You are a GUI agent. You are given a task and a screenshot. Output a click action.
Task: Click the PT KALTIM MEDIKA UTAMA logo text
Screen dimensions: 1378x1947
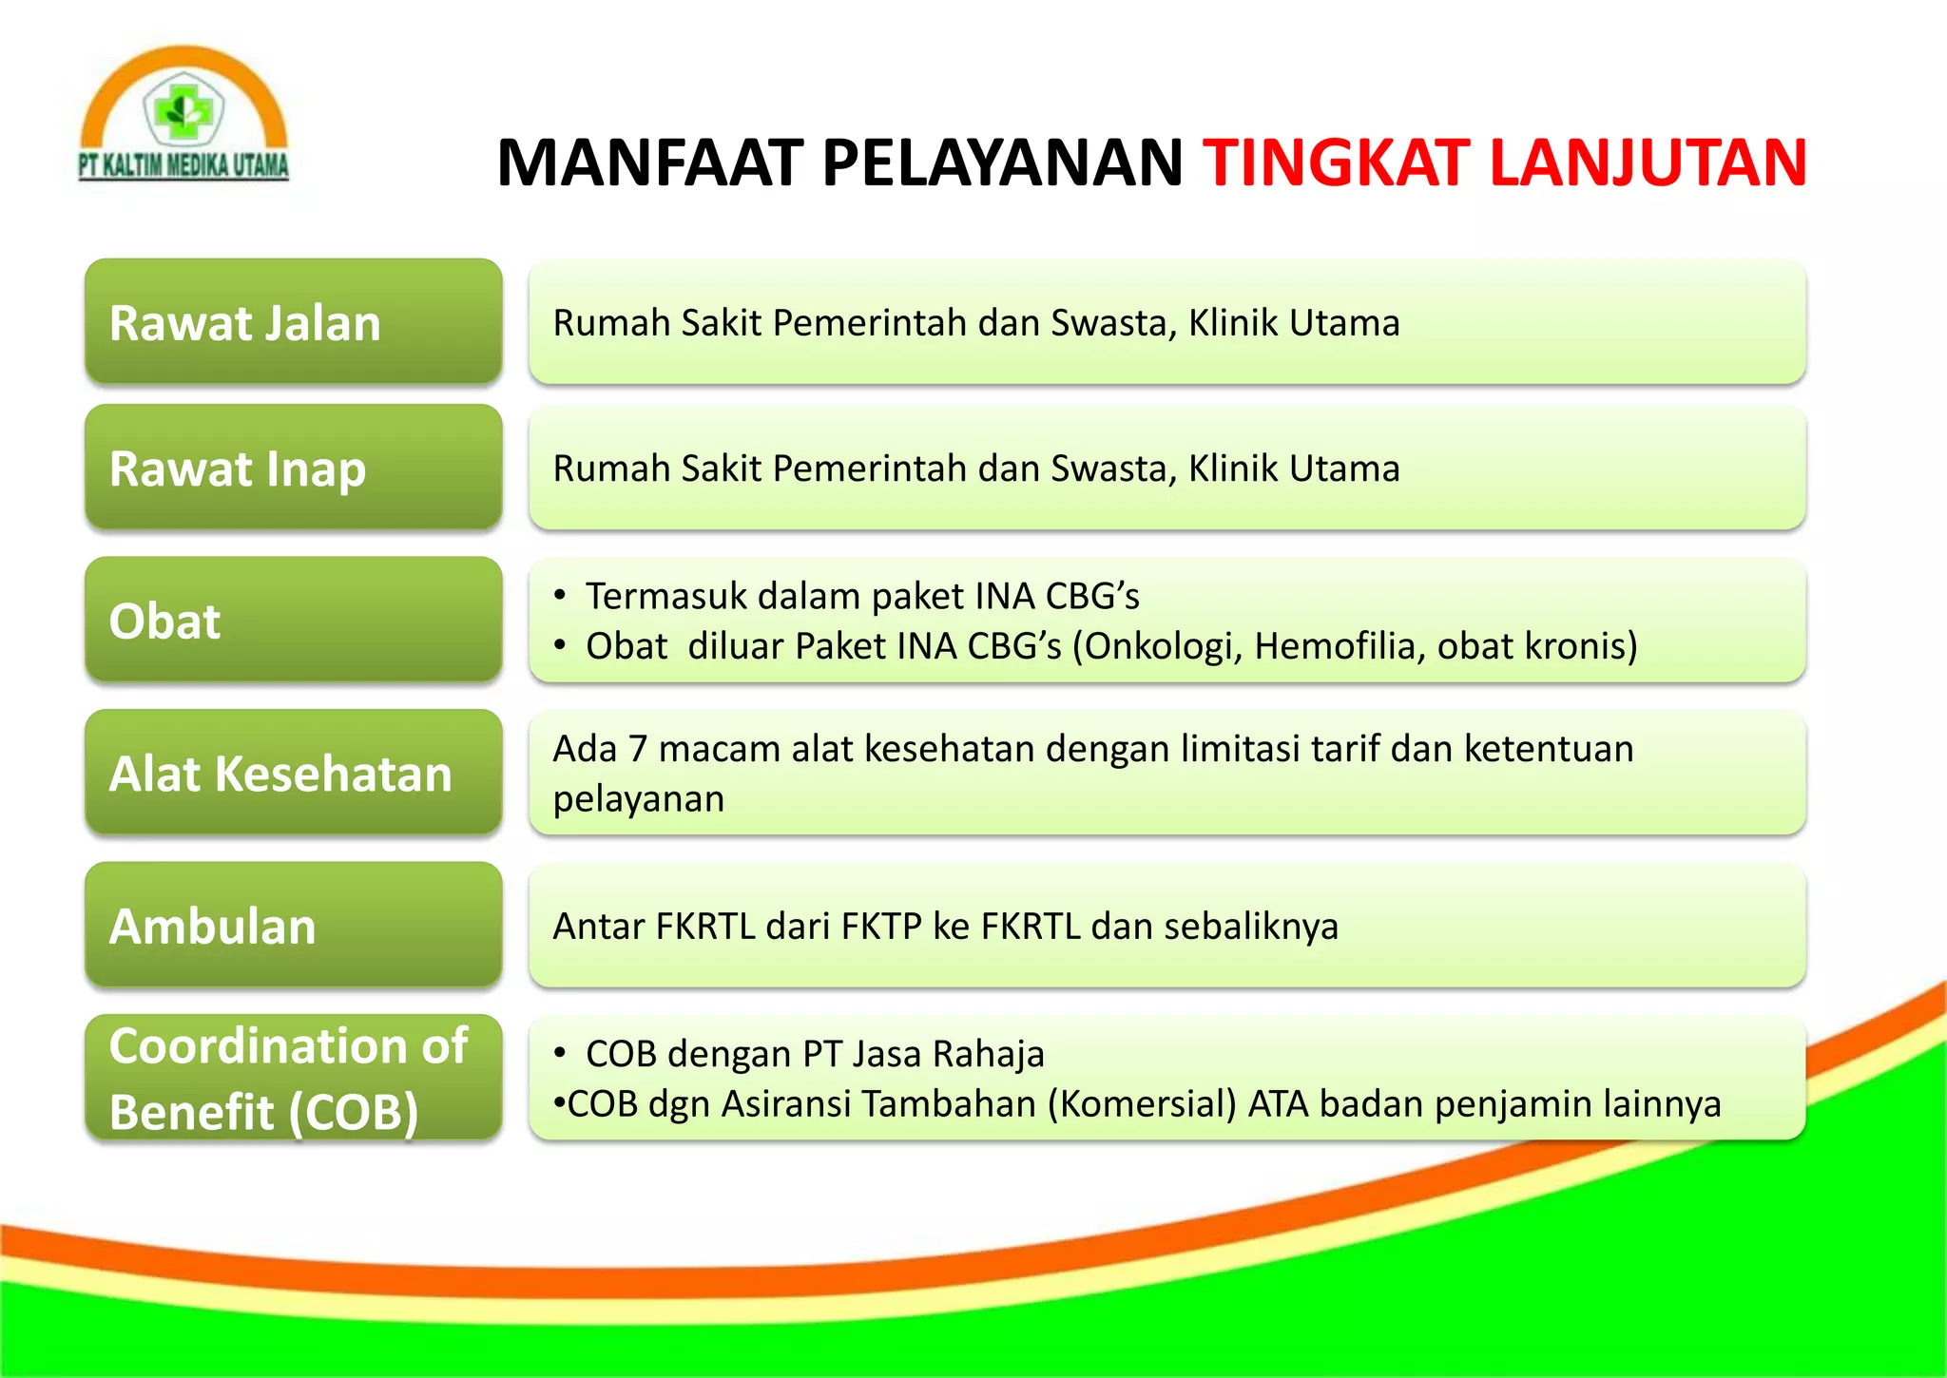coord(183,165)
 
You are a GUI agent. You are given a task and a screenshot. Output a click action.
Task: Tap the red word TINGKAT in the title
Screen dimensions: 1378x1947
coord(1337,163)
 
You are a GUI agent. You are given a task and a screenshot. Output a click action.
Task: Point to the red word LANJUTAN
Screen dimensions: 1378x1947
coord(1648,163)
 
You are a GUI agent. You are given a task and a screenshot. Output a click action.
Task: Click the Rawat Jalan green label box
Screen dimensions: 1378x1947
coord(293,322)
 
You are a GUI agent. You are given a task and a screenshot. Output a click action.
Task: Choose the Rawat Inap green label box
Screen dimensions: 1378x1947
coord(293,468)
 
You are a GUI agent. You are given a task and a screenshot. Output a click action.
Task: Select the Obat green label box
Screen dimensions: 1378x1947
coord(293,621)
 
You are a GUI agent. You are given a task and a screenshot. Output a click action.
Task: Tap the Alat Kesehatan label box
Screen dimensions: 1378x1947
coord(293,773)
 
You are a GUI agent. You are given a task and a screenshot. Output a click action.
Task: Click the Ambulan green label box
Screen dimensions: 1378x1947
coord(293,926)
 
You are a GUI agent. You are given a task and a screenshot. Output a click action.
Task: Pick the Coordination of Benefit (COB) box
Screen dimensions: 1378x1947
coord(293,1078)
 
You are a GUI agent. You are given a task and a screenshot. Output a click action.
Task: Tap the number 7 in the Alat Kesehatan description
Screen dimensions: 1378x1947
coord(638,749)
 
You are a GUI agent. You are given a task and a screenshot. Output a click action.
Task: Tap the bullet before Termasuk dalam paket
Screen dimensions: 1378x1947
coord(561,596)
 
